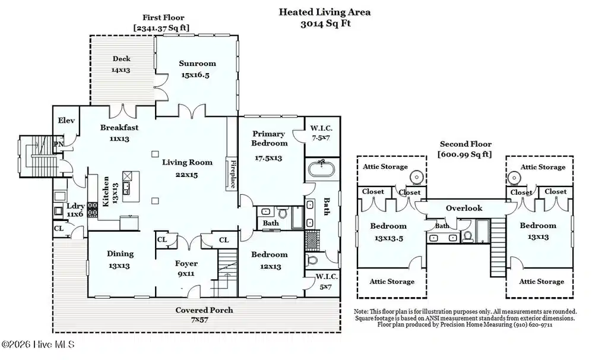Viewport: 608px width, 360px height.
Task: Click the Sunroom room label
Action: (197, 63)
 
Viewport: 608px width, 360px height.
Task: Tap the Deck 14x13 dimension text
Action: (121, 70)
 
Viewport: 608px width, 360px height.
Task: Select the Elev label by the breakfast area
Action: (66, 120)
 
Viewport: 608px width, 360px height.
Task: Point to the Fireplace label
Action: (233, 174)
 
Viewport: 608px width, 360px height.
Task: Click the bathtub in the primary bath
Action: (321, 169)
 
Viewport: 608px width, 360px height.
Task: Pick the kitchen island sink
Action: (127, 188)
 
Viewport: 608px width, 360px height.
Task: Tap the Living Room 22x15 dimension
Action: (186, 175)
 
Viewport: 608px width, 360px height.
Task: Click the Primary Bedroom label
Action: (269, 138)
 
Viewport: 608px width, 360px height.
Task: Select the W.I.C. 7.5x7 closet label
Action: (321, 132)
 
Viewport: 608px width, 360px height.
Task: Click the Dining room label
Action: (120, 254)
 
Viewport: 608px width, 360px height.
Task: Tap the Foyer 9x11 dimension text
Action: (186, 273)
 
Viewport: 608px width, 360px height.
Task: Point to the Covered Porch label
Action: (204, 310)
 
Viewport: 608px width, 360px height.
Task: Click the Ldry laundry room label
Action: (75, 206)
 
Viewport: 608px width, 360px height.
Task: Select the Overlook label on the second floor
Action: (464, 208)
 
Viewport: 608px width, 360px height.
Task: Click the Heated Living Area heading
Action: (325, 12)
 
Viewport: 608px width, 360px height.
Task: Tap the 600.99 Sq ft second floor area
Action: (464, 154)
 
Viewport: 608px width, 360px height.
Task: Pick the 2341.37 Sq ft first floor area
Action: (161, 27)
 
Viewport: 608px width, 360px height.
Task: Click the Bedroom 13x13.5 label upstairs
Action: (388, 232)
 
